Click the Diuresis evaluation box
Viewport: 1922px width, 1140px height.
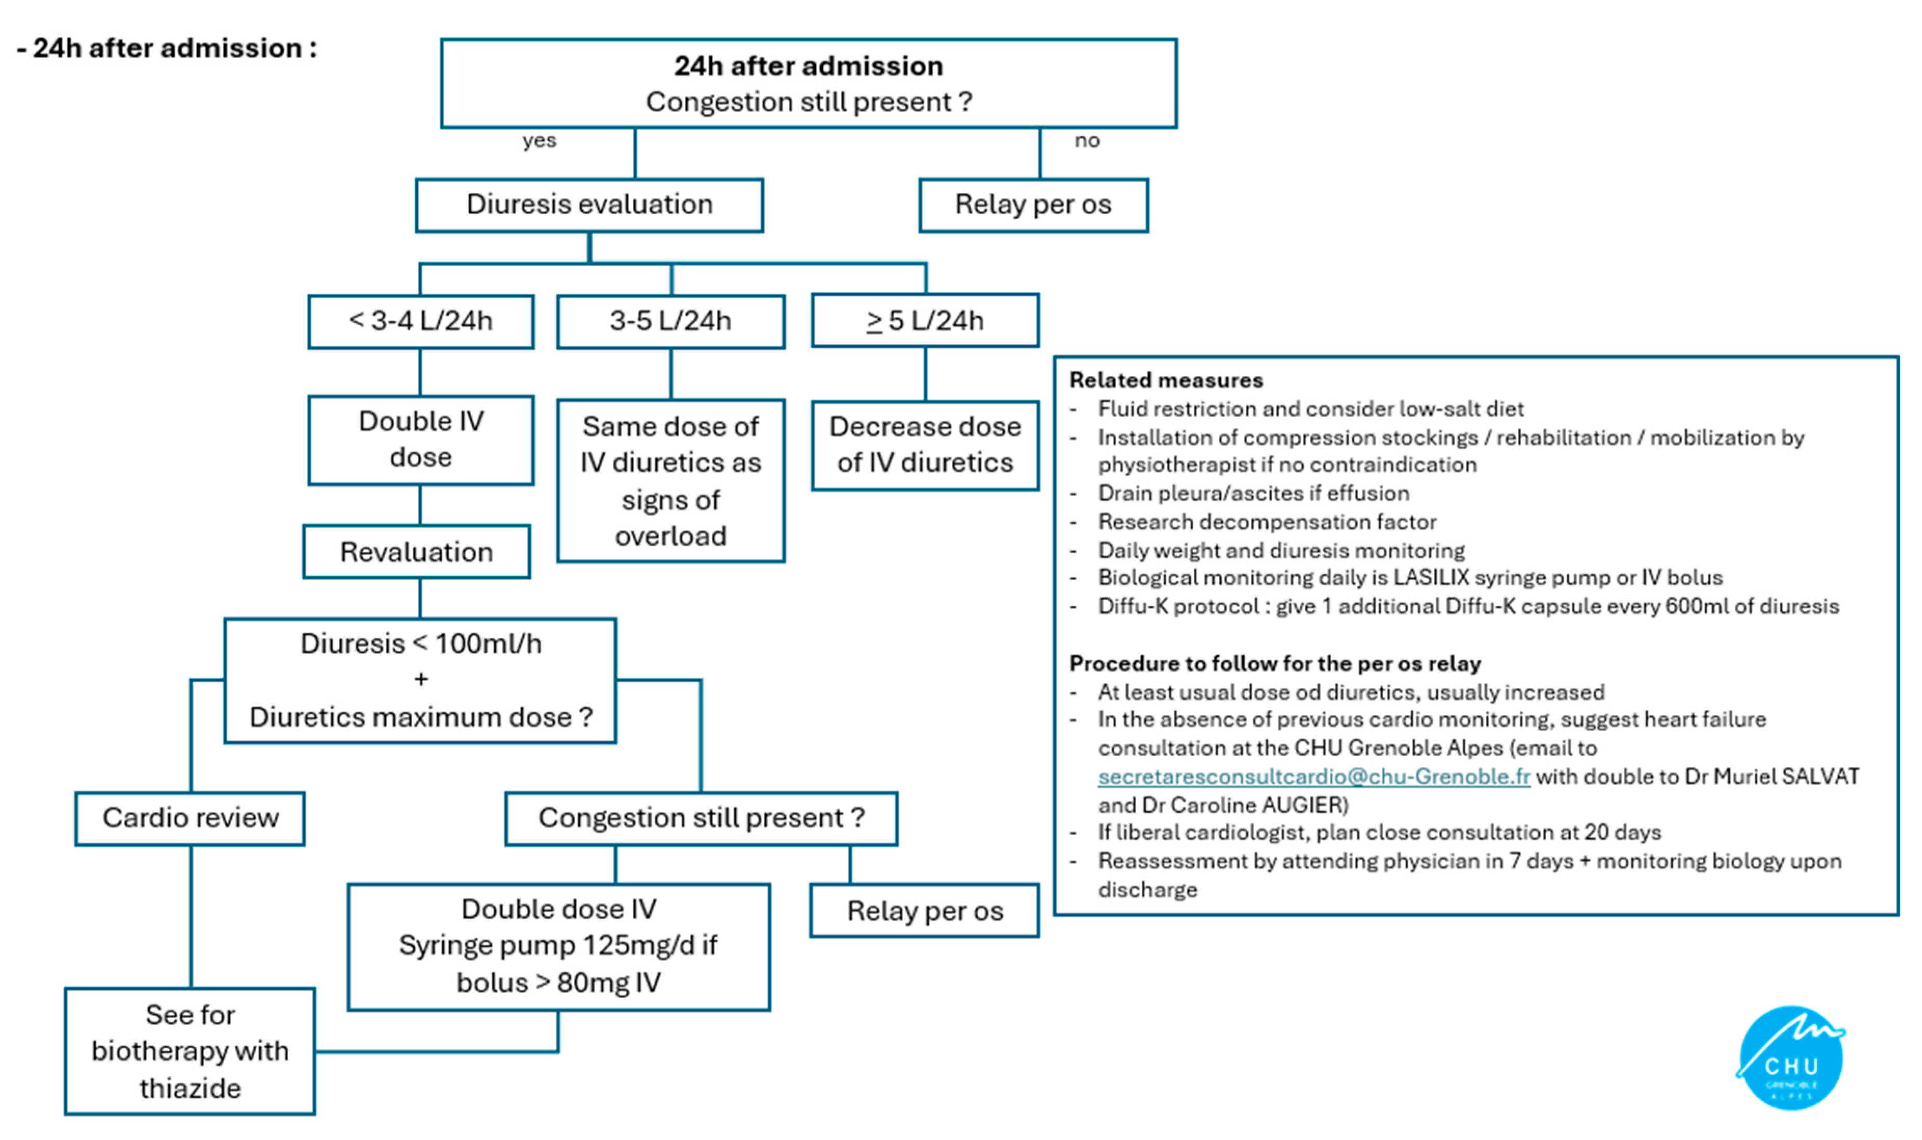[x=589, y=205]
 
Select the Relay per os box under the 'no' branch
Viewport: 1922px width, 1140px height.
[x=1033, y=205]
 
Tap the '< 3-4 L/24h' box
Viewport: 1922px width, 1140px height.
[x=421, y=321]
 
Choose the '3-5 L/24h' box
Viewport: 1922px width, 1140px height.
[x=670, y=321]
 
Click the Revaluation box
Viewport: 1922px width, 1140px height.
[x=416, y=552]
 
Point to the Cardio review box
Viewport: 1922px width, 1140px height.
[x=191, y=818]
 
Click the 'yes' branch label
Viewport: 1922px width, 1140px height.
[x=539, y=141]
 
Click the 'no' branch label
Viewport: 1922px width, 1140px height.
[x=1086, y=141]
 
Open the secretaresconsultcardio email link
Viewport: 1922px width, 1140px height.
[x=1313, y=776]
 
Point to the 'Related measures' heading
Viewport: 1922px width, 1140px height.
[x=1166, y=380]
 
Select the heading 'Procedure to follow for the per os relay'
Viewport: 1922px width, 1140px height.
[x=1275, y=664]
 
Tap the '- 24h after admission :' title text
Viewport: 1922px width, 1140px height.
[x=167, y=48]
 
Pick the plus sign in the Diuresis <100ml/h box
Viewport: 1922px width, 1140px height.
[x=421, y=680]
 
